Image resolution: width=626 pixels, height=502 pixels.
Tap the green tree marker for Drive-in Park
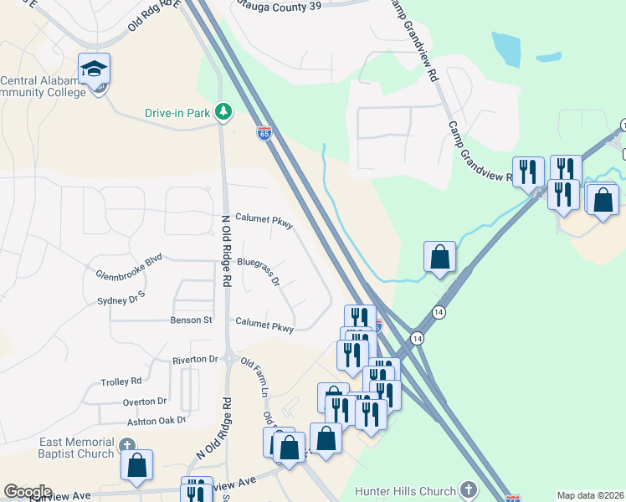pyautogui.click(x=223, y=110)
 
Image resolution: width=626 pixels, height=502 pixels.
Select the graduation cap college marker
pyautogui.click(x=95, y=68)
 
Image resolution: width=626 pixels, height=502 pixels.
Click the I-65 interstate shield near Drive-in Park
pyautogui.click(x=264, y=133)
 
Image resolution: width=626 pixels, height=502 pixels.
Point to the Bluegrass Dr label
pyautogui.click(x=258, y=271)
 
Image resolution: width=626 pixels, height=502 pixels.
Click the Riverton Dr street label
pyautogui.click(x=195, y=360)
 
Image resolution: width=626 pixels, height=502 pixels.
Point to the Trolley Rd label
pyautogui.click(x=121, y=382)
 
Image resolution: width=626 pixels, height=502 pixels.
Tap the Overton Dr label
pyautogui.click(x=145, y=402)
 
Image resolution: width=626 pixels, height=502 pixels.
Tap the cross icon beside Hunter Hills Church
pyautogui.click(x=468, y=490)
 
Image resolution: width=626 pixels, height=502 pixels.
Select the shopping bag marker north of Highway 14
pyautogui.click(x=439, y=257)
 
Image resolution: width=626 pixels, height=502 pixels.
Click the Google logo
pyautogui.click(x=28, y=492)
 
